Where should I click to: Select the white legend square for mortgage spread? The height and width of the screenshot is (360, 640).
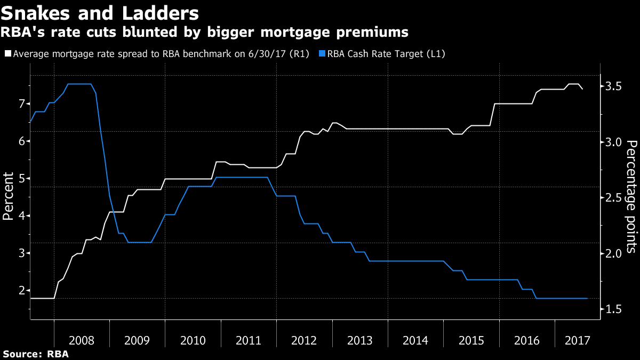click(7, 54)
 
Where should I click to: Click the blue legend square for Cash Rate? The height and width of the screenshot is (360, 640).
click(321, 54)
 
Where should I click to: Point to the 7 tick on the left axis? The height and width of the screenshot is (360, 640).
click(22, 103)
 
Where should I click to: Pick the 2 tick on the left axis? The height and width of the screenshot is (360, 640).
click(22, 291)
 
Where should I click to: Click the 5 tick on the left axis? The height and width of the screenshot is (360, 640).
click(22, 178)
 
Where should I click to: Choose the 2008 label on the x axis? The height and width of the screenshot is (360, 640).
click(82, 340)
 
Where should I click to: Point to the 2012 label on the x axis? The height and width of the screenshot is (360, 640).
click(305, 340)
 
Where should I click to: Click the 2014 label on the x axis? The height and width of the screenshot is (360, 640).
click(416, 340)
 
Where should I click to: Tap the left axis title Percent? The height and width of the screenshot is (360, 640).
click(9, 196)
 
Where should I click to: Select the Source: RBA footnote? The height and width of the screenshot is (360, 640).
click(36, 354)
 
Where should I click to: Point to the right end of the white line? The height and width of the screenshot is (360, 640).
click(582, 89)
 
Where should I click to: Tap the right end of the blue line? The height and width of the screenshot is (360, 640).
click(587, 298)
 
